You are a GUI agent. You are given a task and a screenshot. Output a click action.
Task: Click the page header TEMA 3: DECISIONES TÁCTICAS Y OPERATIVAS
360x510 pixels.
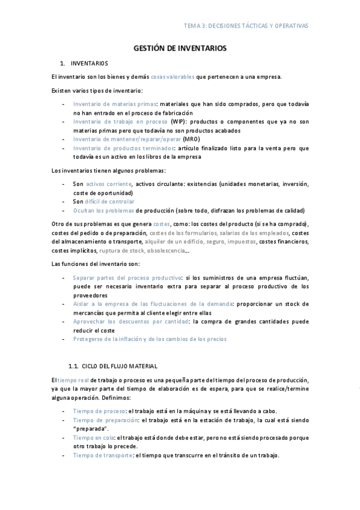coord(245,26)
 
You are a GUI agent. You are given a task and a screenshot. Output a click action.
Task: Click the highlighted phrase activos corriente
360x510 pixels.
coord(109,184)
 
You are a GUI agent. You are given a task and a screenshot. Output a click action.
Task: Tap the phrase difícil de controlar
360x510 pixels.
coord(110,201)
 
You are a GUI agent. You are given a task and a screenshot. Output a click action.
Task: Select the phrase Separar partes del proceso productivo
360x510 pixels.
coord(127,278)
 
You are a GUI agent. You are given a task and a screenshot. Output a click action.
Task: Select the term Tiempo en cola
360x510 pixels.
coord(93,438)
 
